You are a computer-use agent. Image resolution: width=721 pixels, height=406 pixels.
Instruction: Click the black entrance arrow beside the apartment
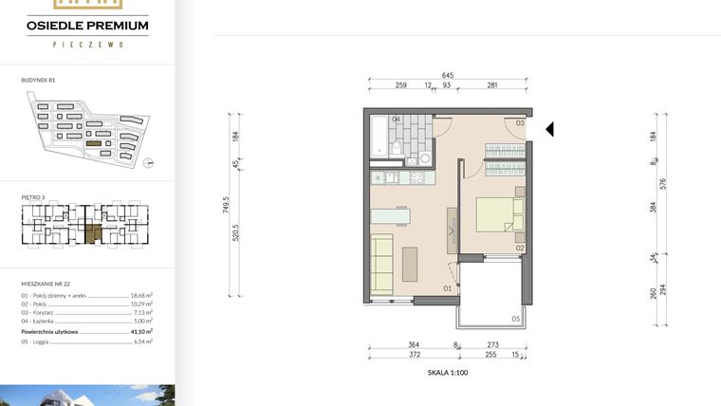[549, 130]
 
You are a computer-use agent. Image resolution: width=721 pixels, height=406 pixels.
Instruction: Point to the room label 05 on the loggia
[516, 319]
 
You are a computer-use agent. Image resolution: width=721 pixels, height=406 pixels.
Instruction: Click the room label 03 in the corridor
[519, 123]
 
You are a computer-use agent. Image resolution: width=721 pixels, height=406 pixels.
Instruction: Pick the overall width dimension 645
[447, 76]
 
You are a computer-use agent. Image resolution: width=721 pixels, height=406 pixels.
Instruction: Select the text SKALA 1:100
[448, 373]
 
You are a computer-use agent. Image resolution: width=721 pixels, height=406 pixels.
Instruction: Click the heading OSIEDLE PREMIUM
[87, 27]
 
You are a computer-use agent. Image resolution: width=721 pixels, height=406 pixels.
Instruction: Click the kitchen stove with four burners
[416, 176]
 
